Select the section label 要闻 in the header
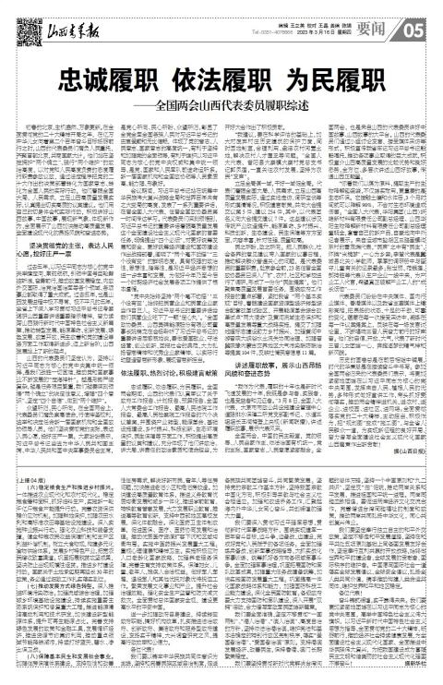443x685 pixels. pos(392,16)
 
